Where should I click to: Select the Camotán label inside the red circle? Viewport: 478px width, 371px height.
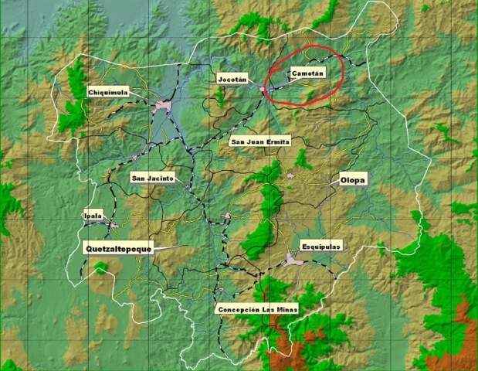307,73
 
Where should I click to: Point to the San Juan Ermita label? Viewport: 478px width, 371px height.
260,141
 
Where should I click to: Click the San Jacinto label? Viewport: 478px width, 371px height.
152,178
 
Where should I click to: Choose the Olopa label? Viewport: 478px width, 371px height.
353,180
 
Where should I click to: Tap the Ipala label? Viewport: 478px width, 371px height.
93,216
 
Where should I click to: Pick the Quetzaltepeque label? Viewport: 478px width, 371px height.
118,248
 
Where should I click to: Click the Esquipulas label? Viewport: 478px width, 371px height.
320,246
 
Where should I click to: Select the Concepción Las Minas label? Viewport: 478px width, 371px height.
256,309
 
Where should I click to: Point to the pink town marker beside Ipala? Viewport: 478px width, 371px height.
114,226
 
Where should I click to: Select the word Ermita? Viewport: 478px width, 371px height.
277,141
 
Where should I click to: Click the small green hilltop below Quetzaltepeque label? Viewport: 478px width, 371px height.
101,267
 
